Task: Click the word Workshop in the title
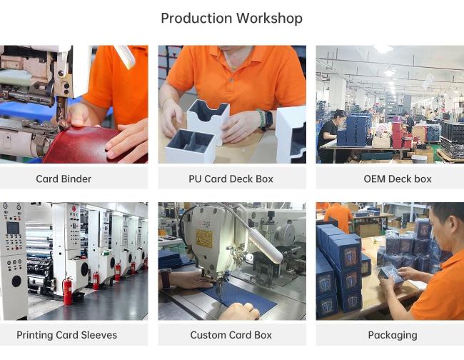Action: click(269, 19)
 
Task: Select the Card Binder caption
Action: click(64, 179)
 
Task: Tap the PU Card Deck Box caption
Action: click(231, 179)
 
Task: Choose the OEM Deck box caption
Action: click(398, 179)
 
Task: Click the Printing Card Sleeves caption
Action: click(66, 335)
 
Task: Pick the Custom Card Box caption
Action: click(231, 335)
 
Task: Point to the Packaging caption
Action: click(393, 335)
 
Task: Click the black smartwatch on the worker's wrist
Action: click(268, 119)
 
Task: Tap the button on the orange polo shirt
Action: click(231, 80)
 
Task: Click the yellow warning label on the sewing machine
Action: click(204, 239)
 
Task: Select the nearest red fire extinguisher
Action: click(68, 291)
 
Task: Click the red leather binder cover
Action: click(89, 145)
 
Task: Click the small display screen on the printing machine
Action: click(13, 228)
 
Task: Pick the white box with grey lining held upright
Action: click(208, 121)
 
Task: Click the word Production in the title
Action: click(196, 19)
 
